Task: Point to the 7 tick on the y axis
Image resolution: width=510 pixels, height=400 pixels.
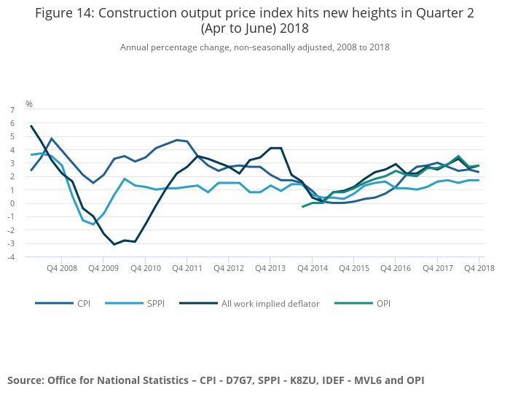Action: point(12,110)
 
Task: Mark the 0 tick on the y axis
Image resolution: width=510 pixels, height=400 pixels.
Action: point(12,203)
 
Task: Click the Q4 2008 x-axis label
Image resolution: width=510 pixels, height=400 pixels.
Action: point(61,268)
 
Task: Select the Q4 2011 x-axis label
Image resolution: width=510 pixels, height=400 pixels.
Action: point(187,268)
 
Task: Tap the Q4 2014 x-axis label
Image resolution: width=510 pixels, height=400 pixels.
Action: point(312,268)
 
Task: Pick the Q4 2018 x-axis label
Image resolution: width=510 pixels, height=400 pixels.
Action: point(479,268)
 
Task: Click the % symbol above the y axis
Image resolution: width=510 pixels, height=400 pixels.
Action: point(29,104)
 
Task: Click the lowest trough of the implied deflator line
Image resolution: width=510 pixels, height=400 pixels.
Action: point(114,244)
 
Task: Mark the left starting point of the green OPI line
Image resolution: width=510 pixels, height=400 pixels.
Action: point(302,207)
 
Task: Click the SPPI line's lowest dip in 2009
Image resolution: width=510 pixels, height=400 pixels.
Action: point(93,224)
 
